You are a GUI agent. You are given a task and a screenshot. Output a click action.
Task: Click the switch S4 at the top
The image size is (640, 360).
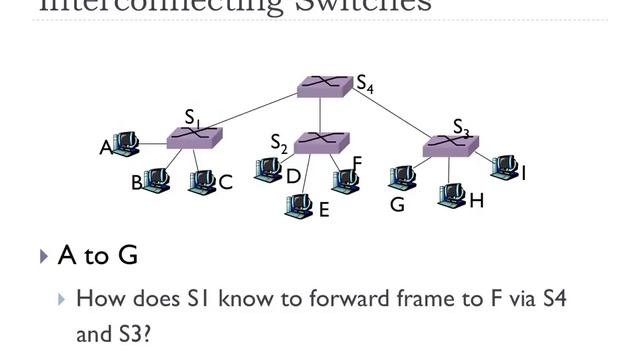click(325, 86)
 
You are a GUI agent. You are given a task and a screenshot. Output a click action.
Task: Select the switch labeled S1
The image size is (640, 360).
click(194, 138)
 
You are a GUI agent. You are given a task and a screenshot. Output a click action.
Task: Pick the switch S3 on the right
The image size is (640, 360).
click(450, 146)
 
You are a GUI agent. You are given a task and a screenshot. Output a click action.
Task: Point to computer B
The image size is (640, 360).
click(157, 180)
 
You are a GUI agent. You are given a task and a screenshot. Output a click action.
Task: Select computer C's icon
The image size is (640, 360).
click(202, 181)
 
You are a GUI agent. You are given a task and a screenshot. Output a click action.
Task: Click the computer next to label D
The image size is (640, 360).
click(268, 170)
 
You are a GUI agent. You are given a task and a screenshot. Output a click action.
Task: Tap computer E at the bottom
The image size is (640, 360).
click(299, 206)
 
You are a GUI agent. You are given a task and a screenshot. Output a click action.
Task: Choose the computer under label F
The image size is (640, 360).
click(345, 179)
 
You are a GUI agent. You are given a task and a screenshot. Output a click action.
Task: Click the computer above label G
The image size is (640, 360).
click(402, 178)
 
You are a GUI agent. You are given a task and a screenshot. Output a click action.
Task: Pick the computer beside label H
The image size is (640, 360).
click(452, 193)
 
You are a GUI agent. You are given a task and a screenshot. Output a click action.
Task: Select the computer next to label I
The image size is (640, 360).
click(505, 165)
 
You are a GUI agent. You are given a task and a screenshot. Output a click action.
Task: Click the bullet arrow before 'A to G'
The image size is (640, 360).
click(44, 257)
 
